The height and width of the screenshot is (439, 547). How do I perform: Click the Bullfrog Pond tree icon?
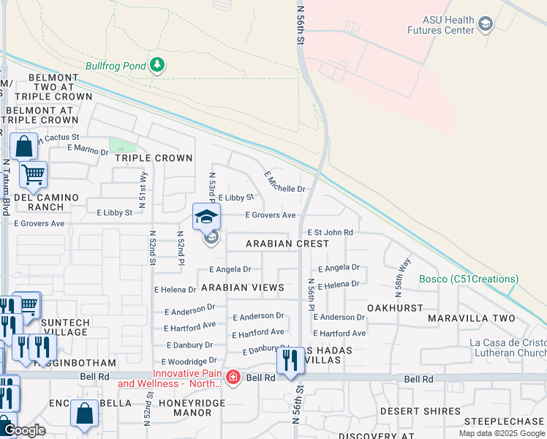pos(156,66)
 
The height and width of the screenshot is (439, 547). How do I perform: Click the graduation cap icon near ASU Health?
pos(485,26)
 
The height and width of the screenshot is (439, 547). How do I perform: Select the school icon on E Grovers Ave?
pos(206,217)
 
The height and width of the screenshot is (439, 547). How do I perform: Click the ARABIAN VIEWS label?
pos(242,288)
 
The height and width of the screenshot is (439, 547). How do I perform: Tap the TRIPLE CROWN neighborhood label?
pos(154,158)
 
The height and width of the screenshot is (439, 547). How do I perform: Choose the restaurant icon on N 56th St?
pos(290,360)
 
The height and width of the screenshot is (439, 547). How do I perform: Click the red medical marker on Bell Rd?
pos(233,378)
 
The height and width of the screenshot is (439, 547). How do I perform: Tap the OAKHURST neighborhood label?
pos(396,308)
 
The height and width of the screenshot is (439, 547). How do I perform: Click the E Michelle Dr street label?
pos(284,181)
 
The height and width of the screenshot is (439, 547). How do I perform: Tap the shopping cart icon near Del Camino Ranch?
pos(33,174)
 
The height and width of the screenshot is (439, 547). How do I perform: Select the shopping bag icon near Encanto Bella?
pos(84,413)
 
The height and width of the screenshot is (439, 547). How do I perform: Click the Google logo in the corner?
pos(23,430)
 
